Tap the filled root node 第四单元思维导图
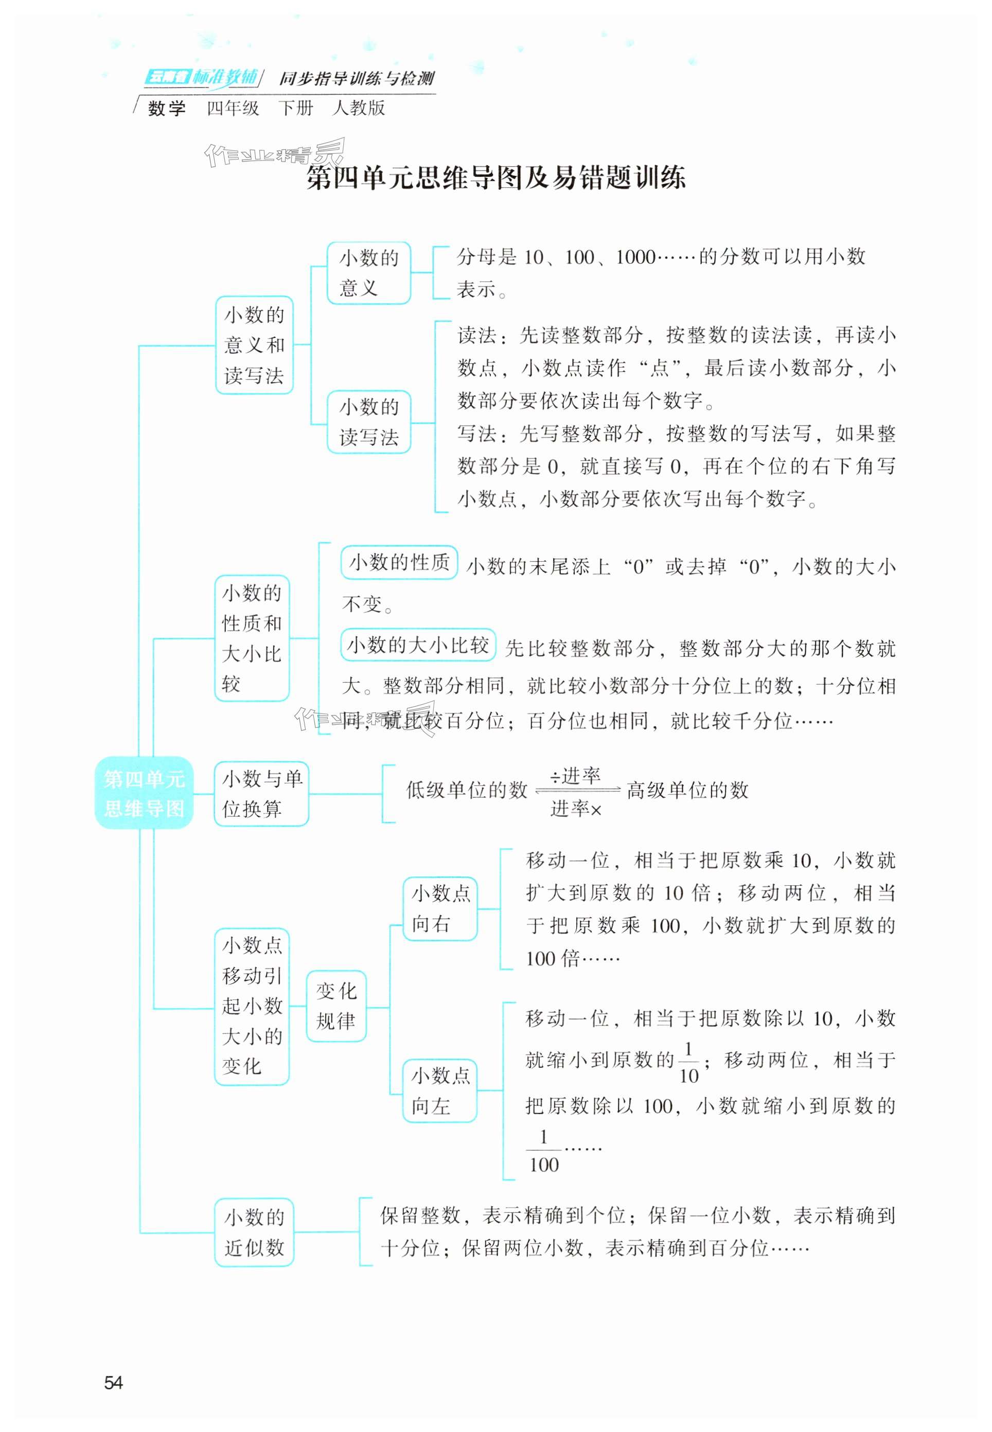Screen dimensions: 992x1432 (x=144, y=793)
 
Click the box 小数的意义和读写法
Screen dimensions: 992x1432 (x=254, y=345)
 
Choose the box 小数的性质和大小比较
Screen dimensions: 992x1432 (x=252, y=638)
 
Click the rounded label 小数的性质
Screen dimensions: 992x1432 (x=399, y=562)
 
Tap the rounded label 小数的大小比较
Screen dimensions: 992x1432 (x=418, y=645)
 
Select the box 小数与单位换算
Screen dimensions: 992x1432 (x=262, y=793)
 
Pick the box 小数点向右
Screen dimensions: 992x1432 (x=440, y=908)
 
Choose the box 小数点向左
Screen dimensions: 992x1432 (x=440, y=1090)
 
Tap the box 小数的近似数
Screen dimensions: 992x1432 (x=254, y=1232)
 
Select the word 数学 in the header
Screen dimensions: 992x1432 (x=167, y=109)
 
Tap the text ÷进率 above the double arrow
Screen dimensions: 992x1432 (x=575, y=776)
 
